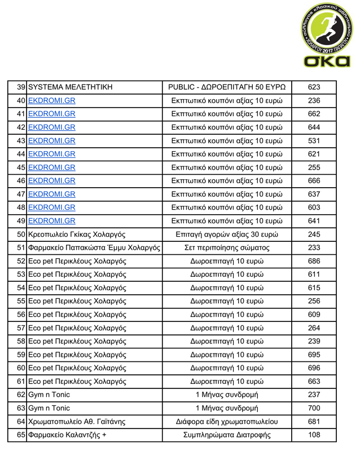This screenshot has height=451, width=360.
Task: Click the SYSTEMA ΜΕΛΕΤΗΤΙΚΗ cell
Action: (70, 87)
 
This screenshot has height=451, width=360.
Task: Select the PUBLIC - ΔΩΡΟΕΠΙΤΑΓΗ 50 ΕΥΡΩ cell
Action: (227, 87)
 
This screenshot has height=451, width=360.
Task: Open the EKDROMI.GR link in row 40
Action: (51, 101)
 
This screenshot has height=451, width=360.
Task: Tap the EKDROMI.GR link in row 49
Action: (51, 221)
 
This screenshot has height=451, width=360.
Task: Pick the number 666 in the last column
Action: (314, 181)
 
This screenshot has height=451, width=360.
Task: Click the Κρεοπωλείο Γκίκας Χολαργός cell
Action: (76, 235)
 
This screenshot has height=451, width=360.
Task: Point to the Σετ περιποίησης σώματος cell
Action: (227, 248)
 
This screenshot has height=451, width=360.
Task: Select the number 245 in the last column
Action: (314, 235)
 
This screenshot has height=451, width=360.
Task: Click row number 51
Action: (21, 248)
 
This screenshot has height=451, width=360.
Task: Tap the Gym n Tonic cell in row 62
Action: (49, 395)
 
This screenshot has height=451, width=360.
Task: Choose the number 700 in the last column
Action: (314, 408)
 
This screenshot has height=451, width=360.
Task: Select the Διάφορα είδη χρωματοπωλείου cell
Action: (227, 422)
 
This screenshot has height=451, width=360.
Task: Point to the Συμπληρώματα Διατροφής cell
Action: (227, 435)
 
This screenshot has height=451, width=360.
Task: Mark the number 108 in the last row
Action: (314, 435)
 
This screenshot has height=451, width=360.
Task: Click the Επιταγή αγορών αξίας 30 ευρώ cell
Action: (227, 235)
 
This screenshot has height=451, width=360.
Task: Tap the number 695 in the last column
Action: (314, 355)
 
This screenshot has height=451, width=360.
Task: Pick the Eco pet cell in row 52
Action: (77, 261)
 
